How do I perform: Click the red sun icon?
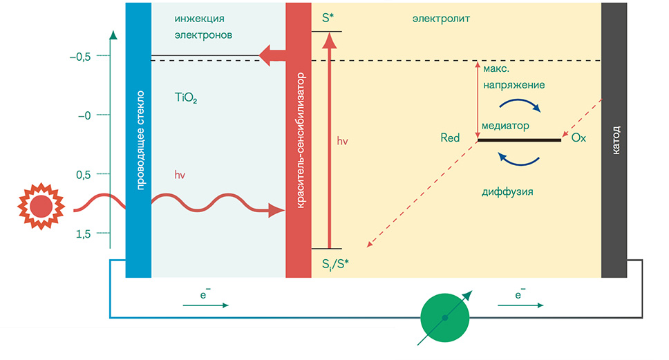[x=40, y=206]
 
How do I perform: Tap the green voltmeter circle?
[x=445, y=317]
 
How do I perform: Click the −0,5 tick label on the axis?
[x=80, y=57]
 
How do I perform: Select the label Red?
[x=450, y=138]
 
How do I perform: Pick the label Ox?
[x=578, y=138]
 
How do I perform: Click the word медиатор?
[x=506, y=126]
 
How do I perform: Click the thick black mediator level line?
[x=519, y=140]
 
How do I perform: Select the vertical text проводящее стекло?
[x=139, y=139]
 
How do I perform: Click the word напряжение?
[x=513, y=84]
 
